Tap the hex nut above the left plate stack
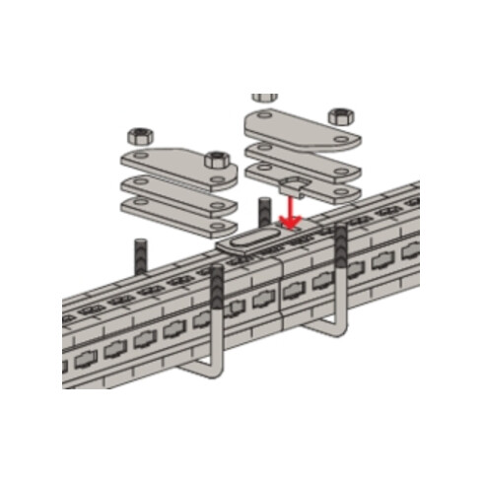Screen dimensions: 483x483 (138, 134)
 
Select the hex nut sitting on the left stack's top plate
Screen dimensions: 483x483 (216, 158)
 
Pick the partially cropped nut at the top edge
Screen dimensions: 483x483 (264, 99)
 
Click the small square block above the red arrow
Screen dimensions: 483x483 (293, 184)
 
